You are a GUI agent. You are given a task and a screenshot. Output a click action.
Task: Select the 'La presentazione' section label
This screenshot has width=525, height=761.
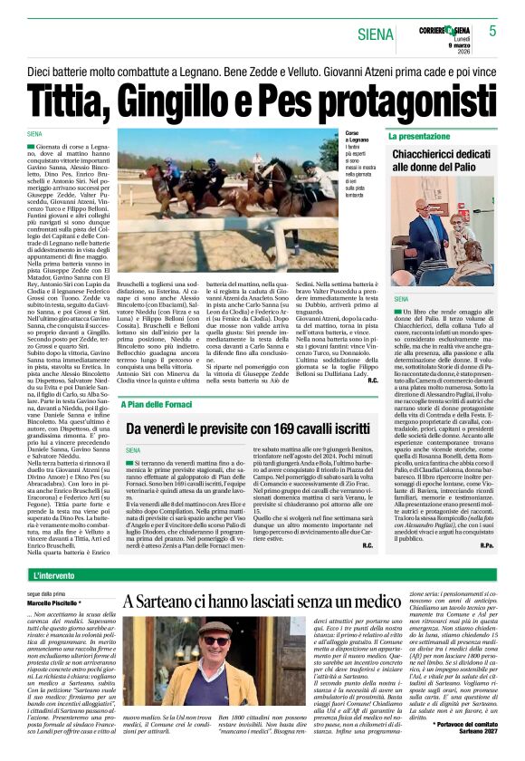[x=419, y=136]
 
